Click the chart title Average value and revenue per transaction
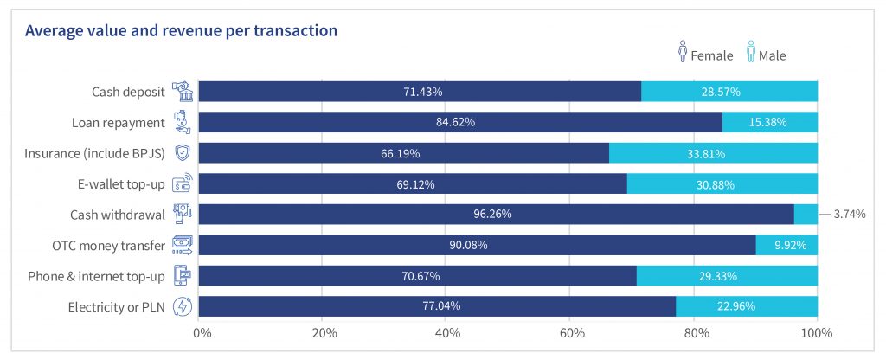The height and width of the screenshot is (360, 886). [181, 31]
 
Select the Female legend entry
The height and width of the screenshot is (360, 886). [705, 55]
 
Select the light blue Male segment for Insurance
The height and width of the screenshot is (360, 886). [713, 153]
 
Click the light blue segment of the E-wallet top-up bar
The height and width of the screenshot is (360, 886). [722, 183]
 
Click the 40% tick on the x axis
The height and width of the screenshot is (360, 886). [446, 333]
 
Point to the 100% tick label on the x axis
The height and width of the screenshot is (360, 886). [817, 333]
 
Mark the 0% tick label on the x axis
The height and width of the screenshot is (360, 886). [201, 333]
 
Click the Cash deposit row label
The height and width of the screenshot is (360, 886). [129, 92]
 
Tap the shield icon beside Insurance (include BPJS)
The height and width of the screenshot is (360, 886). [183, 153]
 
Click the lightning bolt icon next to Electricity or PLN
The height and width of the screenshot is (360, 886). [183, 306]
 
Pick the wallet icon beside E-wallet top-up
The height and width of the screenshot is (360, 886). [183, 183]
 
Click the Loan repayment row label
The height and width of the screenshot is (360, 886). [121, 122]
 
